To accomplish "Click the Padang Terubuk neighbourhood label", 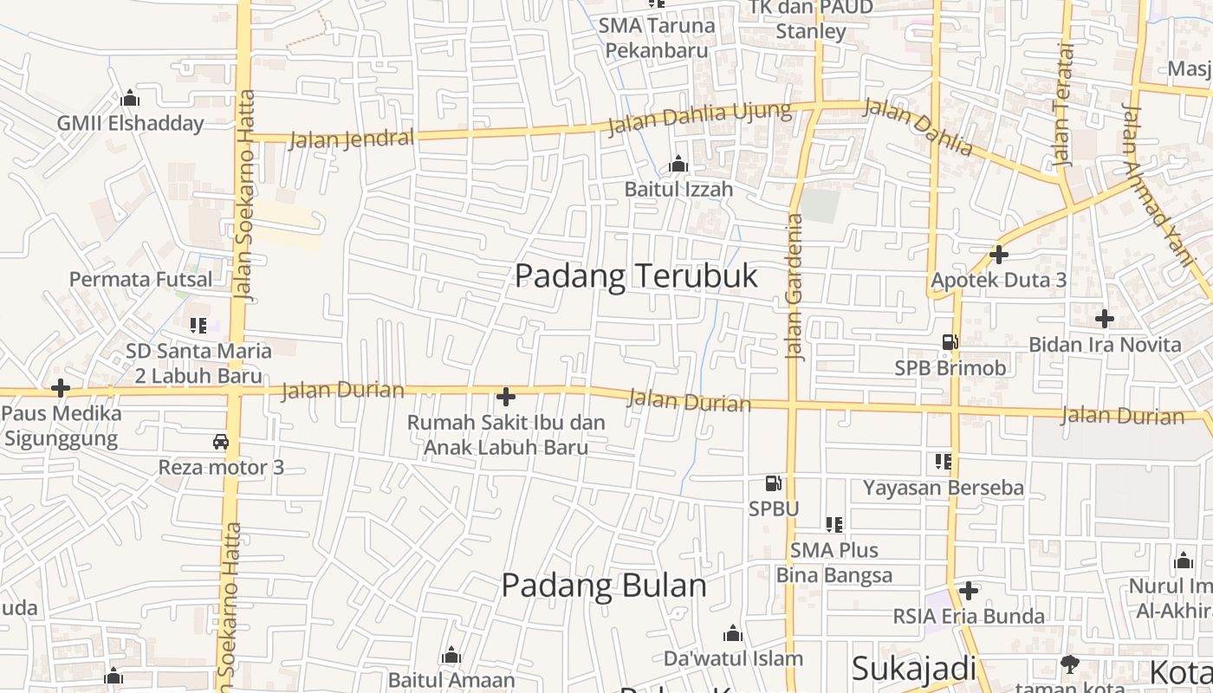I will (636, 276).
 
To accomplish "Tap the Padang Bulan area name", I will (604, 586).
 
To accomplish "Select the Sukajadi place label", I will (913, 669).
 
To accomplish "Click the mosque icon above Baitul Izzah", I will (678, 164).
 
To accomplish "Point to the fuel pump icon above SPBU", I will (773, 483).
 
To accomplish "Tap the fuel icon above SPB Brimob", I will (950, 342).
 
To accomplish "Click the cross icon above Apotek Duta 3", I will (999, 255).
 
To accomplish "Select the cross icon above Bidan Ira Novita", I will (1104, 319).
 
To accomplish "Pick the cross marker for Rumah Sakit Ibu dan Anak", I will (506, 398).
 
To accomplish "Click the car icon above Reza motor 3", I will (221, 442).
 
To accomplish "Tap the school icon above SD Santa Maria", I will (198, 326).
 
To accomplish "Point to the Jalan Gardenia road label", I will (794, 287).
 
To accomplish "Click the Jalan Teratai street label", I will (1063, 105).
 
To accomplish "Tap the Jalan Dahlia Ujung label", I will (700, 119).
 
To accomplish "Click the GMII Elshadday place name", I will (130, 123).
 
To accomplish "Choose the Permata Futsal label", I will (140, 280).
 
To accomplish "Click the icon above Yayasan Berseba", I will (944, 462).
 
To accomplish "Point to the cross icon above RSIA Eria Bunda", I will (969, 591).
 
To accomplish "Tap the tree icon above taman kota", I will (1070, 664).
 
